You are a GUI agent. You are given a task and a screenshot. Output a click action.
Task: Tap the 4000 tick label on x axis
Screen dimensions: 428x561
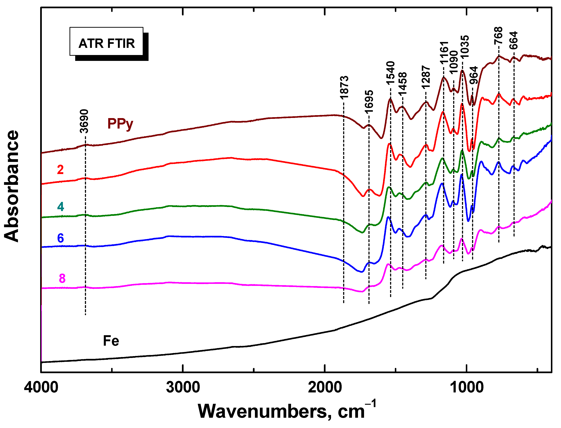pos(41,388)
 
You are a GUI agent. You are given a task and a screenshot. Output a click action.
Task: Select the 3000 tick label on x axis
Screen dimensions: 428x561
pos(183,388)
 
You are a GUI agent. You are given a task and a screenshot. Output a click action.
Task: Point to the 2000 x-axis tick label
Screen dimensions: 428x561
pos(325,388)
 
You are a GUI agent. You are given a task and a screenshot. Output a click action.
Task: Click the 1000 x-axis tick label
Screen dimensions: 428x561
pos(467,388)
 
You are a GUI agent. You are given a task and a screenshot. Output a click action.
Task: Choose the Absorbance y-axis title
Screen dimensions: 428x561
pos(12,186)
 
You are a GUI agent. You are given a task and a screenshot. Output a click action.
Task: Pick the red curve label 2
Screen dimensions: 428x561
pos(60,170)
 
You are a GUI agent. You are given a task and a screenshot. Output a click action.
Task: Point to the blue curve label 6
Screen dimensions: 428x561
pos(60,238)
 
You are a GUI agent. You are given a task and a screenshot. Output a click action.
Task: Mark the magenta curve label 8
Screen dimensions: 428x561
pos(62,278)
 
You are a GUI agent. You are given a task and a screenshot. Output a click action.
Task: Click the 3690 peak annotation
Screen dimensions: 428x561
pos(84,121)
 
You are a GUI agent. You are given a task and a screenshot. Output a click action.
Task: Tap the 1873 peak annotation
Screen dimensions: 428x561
pos(344,87)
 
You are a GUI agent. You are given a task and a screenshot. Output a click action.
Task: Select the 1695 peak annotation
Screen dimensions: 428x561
pos(369,102)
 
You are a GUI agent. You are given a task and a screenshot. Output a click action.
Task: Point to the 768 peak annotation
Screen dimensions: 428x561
pos(498,36)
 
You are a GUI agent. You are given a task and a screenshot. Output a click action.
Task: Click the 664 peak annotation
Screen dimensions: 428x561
pos(513,40)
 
